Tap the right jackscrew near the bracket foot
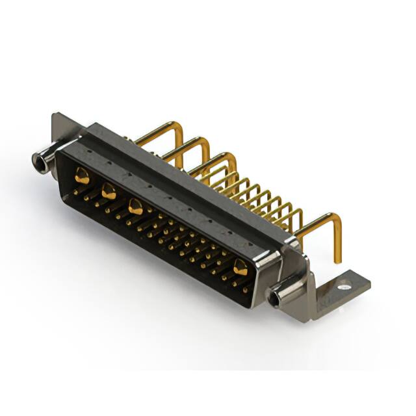point(285,295)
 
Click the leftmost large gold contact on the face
point(82,174)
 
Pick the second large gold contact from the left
point(109,191)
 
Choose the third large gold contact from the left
point(136,207)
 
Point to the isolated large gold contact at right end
point(240,266)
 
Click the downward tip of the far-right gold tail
point(338,259)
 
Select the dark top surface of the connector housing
point(182,175)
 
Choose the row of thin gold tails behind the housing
point(260,195)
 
